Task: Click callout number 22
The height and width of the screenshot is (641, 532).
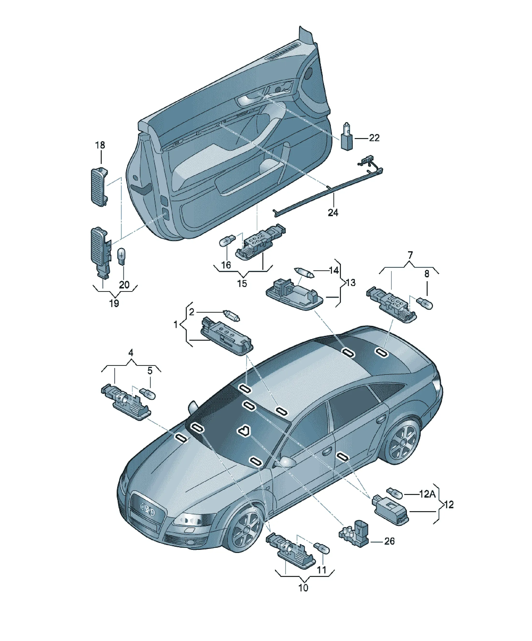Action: pos(374,138)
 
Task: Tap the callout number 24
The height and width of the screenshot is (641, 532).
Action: pos(333,213)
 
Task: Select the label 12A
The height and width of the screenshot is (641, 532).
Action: pos(427,494)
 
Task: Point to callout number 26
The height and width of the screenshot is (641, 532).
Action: pos(389,541)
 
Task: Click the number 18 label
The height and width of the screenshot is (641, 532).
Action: pos(100,145)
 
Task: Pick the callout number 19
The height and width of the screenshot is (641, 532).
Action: pos(114,303)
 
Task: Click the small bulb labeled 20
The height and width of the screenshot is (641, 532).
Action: pos(122,256)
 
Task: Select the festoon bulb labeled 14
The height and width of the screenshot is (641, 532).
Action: pos(304,272)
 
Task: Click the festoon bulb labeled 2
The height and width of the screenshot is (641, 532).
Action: pos(232,315)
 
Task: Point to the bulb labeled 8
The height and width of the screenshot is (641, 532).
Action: pos(425,304)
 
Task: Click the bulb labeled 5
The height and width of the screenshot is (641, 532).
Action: pos(148,393)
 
